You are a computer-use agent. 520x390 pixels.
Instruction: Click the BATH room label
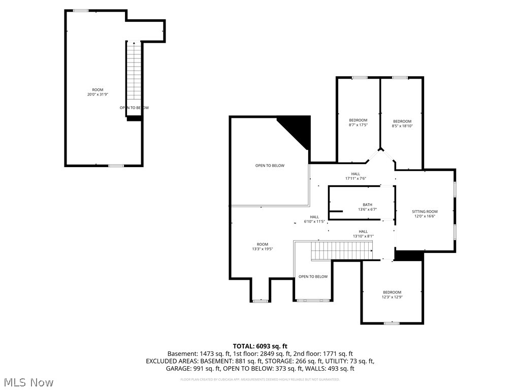(361, 207)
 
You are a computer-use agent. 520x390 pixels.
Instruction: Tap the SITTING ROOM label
(425, 214)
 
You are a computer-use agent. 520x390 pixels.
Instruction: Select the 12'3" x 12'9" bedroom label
(392, 295)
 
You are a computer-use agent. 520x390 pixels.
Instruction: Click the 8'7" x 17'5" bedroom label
(358, 122)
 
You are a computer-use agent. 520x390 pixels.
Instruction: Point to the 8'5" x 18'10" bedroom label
(402, 123)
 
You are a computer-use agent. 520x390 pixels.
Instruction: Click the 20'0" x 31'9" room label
(97, 92)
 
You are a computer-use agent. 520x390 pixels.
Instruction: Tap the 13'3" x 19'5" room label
(262, 246)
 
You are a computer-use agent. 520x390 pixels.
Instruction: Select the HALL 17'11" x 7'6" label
(355, 176)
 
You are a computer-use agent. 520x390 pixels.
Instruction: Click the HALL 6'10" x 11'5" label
(315, 219)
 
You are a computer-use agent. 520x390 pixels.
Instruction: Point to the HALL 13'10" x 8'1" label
(363, 234)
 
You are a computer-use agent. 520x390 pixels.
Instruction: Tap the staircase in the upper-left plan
(134, 71)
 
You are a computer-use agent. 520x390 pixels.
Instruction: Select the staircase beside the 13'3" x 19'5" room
(341, 250)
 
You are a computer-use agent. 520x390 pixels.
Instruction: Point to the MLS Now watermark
(28, 382)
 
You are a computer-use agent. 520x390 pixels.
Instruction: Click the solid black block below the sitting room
(409, 256)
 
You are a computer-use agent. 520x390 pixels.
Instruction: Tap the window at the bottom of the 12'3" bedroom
(392, 323)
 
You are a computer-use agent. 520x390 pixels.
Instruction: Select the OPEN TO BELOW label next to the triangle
(270, 166)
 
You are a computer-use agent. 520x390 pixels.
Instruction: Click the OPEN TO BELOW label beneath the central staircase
(313, 277)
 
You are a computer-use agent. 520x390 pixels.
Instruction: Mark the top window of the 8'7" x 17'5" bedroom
(360, 78)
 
